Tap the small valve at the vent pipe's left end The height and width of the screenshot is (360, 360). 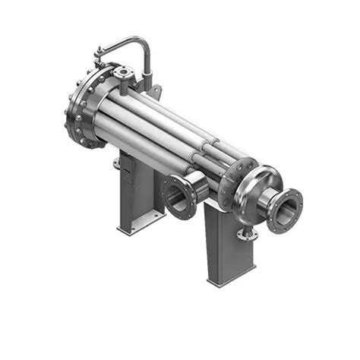pos(99,53)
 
